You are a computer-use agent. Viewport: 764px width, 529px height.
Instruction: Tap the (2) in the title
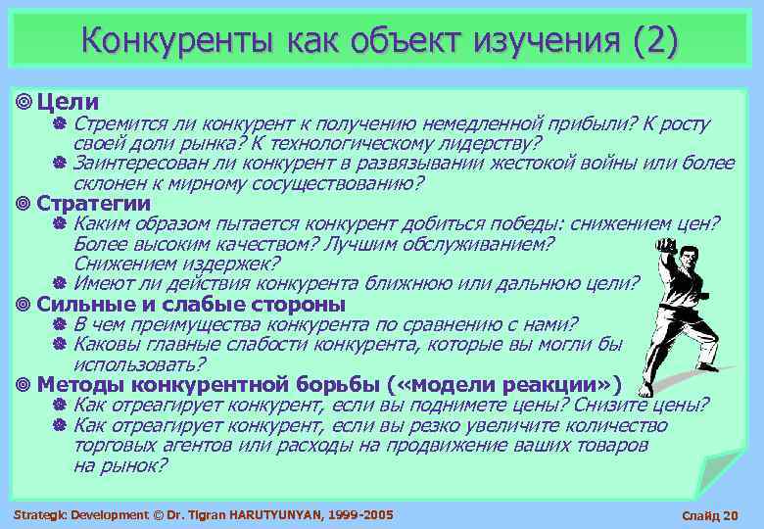point(654,40)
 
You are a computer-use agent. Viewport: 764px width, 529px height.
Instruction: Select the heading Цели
point(68,101)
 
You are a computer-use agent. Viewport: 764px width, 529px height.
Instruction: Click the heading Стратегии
point(93,204)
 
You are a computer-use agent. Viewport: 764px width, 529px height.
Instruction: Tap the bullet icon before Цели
point(24,101)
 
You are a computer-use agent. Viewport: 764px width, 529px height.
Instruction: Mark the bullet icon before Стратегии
point(24,204)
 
